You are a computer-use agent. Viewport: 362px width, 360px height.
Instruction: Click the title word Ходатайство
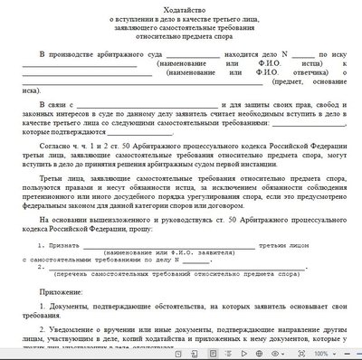click(x=180, y=8)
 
